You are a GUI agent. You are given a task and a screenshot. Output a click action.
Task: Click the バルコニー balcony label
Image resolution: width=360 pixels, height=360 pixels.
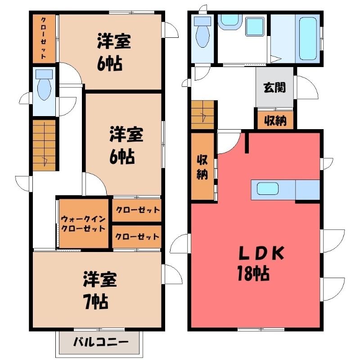[x=101, y=342]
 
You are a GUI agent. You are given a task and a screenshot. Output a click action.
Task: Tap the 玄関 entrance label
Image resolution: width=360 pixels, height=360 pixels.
[x=274, y=87]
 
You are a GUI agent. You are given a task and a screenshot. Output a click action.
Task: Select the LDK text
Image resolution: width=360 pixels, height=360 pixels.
[x=261, y=253]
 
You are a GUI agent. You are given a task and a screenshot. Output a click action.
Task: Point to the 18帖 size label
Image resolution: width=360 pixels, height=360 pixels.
[x=253, y=273]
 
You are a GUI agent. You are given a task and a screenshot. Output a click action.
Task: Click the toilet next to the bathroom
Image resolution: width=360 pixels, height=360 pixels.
[x=202, y=32]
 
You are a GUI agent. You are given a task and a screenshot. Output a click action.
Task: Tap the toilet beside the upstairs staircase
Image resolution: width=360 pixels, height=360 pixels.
[x=44, y=85]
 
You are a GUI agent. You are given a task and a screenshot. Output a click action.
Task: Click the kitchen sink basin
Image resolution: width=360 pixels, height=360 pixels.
[x=268, y=189]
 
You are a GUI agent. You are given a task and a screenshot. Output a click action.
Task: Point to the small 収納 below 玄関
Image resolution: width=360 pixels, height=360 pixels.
[x=275, y=120]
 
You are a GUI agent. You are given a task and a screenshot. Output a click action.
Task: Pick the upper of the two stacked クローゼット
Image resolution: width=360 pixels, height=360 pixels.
[x=137, y=210]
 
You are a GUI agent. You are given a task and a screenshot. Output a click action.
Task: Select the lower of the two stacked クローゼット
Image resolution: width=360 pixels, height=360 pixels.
[x=137, y=237]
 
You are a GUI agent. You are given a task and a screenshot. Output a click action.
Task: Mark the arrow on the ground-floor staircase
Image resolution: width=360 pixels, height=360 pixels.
[x=203, y=116]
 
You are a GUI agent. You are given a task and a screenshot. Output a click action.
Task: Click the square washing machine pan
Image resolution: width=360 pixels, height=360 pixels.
[x=255, y=27]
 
